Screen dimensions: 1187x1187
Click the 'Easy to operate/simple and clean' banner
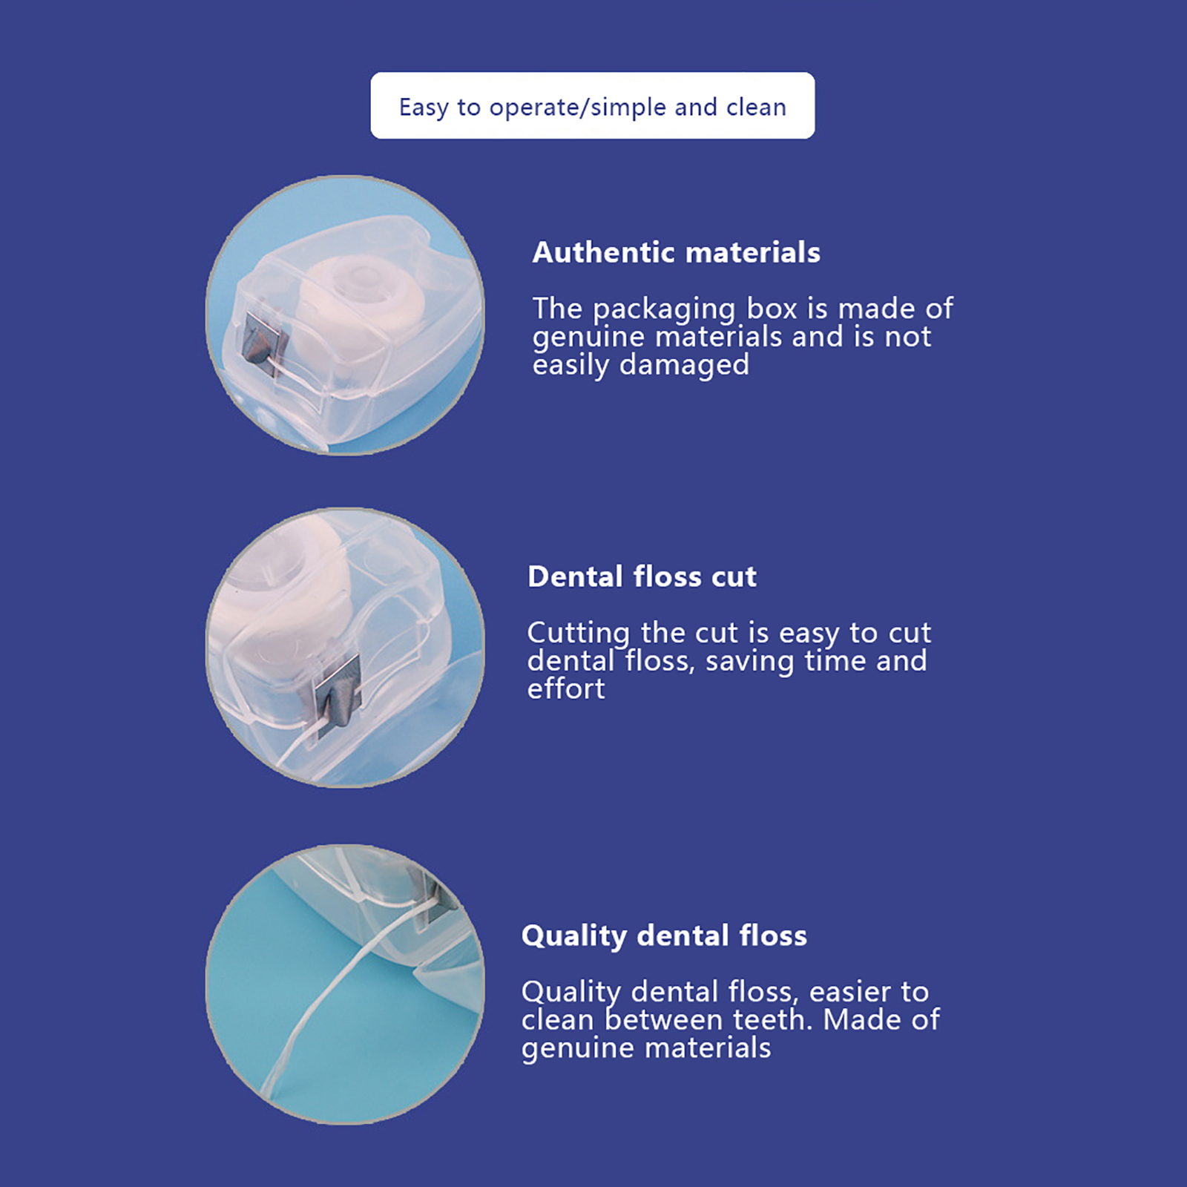click(x=593, y=105)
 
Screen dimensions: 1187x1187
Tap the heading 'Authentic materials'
click(x=677, y=252)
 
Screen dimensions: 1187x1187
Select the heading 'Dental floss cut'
click(x=642, y=576)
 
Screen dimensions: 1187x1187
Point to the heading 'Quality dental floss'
click(x=664, y=936)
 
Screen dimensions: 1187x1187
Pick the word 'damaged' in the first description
click(x=684, y=365)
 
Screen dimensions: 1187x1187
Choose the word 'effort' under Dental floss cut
click(x=566, y=688)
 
